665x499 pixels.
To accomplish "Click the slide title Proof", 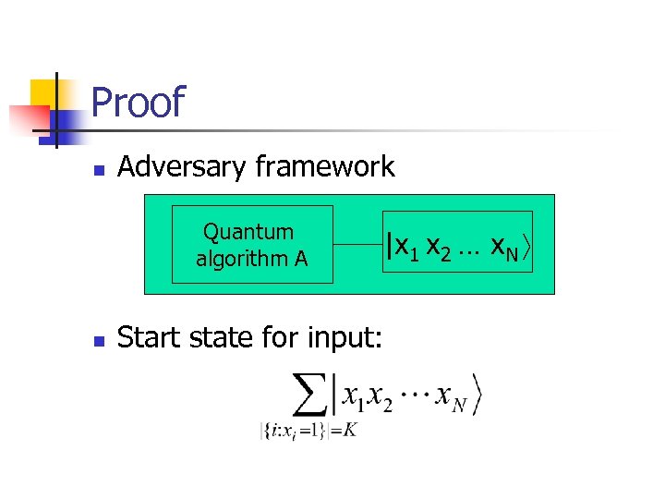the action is pyautogui.click(x=139, y=103).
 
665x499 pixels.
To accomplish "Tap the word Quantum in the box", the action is pyautogui.click(x=248, y=232).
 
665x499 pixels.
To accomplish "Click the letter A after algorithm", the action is pyautogui.click(x=301, y=258).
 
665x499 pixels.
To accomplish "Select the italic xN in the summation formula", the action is pyautogui.click(x=449, y=397).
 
